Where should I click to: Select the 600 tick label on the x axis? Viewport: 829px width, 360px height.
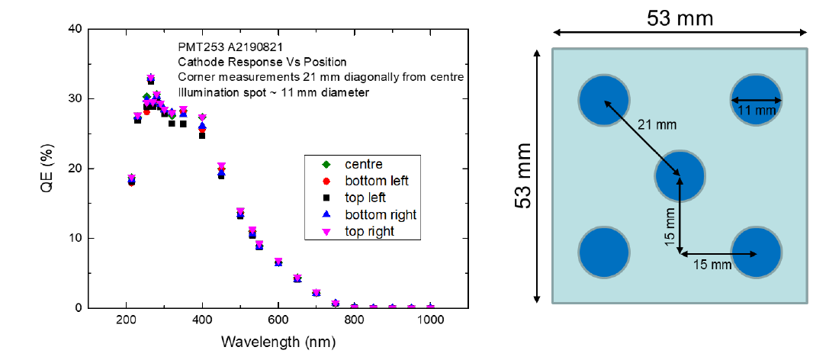point(278,321)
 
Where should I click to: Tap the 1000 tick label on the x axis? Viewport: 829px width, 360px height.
point(431,321)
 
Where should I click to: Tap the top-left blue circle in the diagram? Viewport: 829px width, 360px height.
point(603,100)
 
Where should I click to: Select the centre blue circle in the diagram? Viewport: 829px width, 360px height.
point(680,175)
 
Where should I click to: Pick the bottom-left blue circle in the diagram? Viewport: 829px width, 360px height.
point(603,252)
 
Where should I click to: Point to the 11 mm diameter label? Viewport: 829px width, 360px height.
point(757,111)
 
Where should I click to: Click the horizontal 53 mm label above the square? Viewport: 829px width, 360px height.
point(680,18)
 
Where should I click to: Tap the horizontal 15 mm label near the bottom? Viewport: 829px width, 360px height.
point(712,265)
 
